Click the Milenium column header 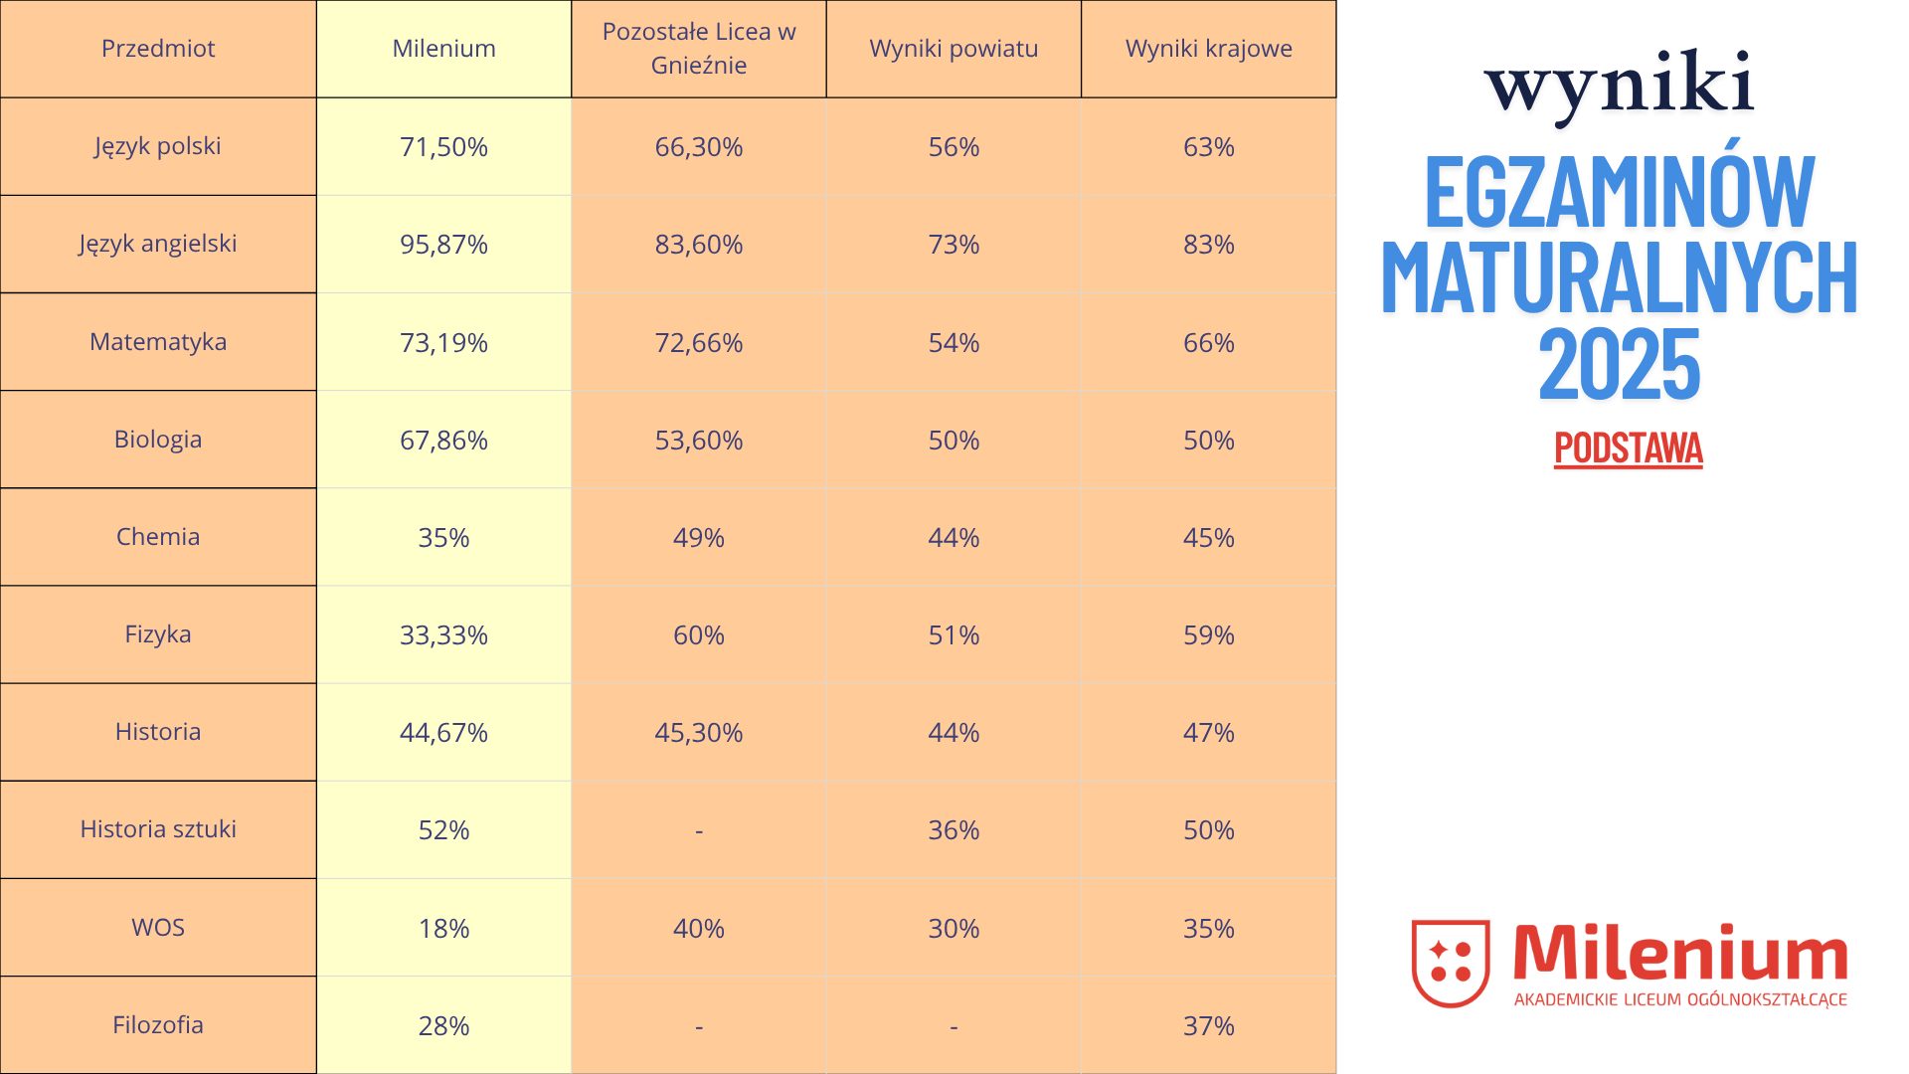(x=443, y=49)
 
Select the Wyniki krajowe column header (x=1208, y=49)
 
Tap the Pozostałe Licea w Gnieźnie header (x=699, y=49)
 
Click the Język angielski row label (x=158, y=244)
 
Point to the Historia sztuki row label (x=158, y=829)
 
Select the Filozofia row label (x=158, y=1025)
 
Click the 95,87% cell (x=443, y=245)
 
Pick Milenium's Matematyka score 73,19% (x=443, y=343)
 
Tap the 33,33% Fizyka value (x=443, y=635)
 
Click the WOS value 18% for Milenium (x=443, y=929)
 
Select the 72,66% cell (x=699, y=343)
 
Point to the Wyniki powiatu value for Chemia (x=954, y=538)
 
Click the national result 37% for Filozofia (x=1208, y=1026)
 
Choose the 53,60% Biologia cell (x=699, y=441)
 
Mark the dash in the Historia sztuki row (x=699, y=830)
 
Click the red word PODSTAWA (x=1628, y=448)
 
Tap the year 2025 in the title (x=1619, y=366)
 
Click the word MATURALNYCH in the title (x=1619, y=278)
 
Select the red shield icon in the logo (x=1451, y=963)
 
